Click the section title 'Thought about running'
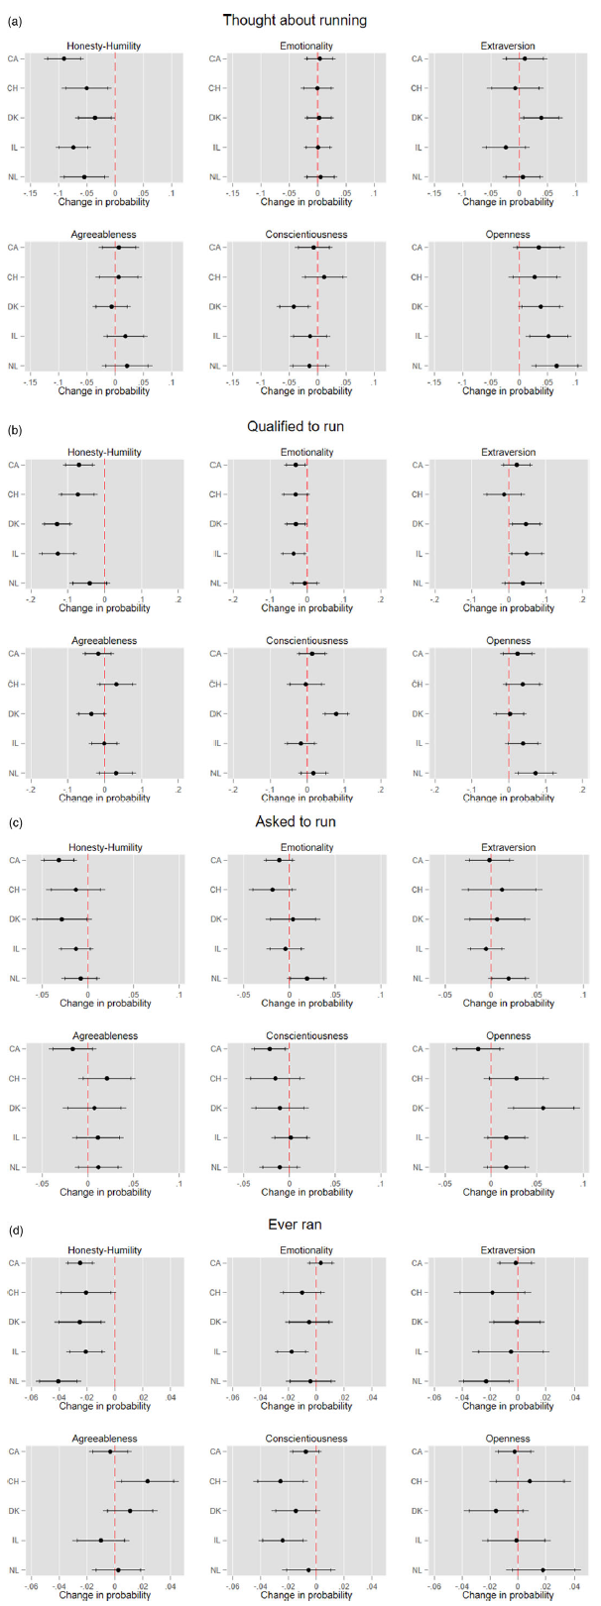click(295, 20)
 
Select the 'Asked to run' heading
click(295, 821)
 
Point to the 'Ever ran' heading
click(295, 1225)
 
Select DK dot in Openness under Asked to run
click(542, 1108)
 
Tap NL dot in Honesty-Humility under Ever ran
click(59, 1381)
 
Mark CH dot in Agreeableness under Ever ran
click(148, 1481)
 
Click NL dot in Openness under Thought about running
click(556, 366)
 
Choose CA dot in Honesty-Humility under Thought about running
click(64, 58)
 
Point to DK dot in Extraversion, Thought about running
click(541, 118)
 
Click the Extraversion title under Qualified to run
click(509, 452)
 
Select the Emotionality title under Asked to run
click(306, 847)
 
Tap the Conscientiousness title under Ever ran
click(306, 1439)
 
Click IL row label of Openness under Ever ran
click(418, 1541)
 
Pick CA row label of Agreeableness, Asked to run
click(15, 1048)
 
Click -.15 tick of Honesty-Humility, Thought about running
click(32, 192)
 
